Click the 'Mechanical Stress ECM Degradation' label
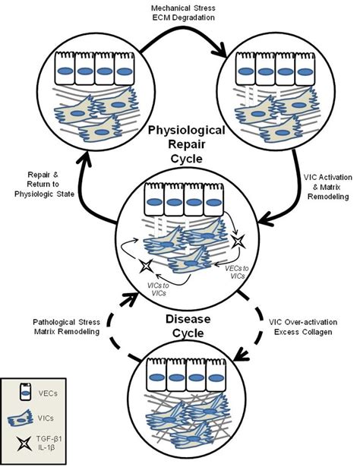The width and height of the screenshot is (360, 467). coord(181,14)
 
